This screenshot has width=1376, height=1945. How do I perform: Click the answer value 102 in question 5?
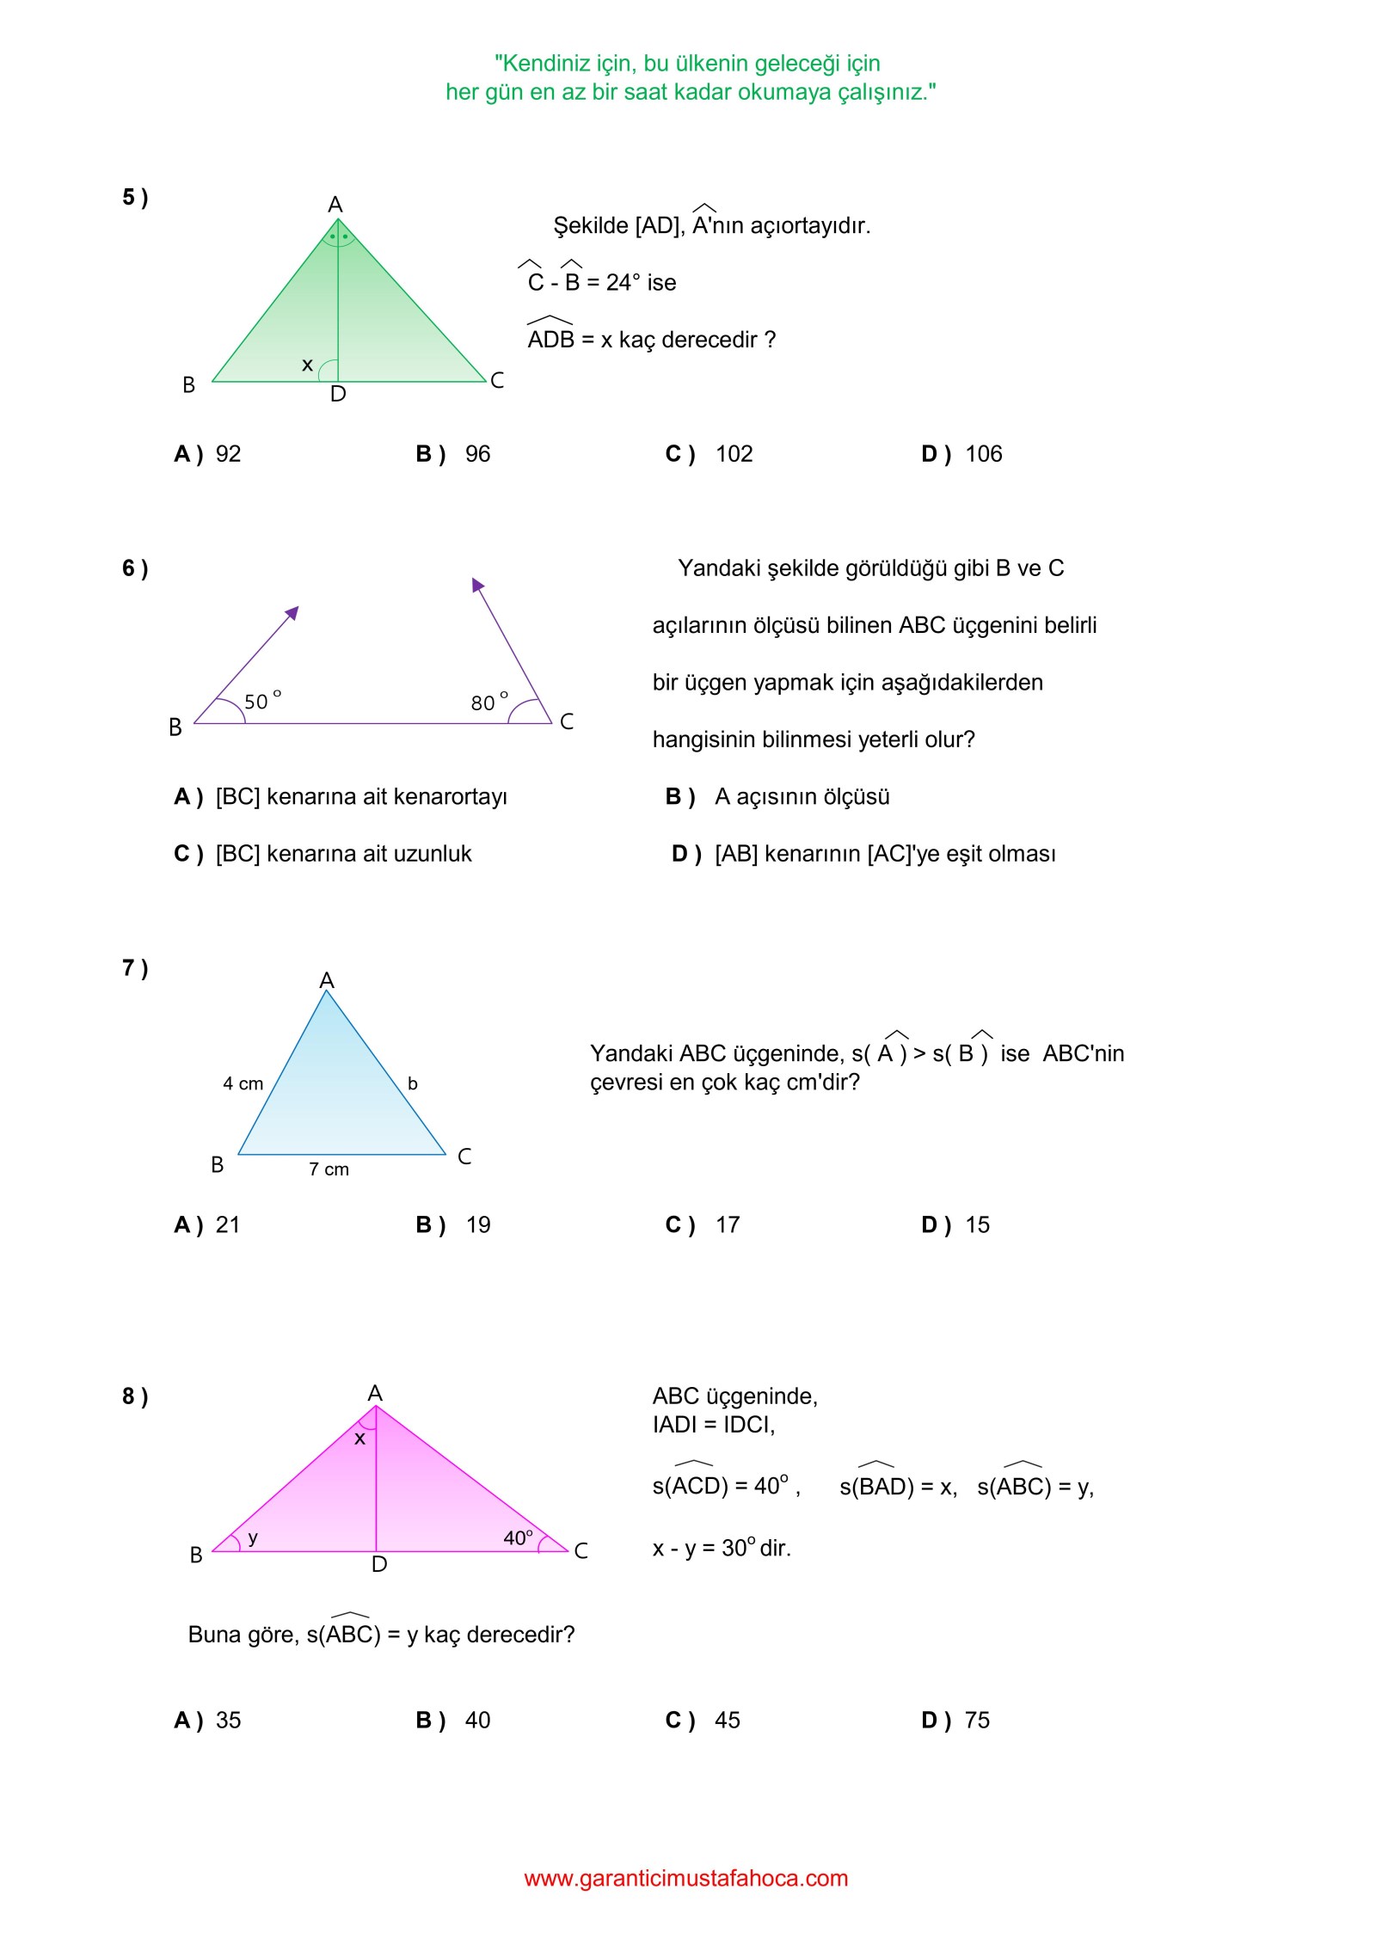coord(734,454)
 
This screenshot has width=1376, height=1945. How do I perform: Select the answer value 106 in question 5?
coord(983,454)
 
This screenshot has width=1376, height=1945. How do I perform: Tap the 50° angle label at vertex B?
coord(261,701)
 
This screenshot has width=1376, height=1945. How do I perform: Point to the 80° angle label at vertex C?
coord(488,702)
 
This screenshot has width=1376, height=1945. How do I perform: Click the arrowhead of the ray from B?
coord(292,612)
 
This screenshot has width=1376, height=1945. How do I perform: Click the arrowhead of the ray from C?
coord(477,585)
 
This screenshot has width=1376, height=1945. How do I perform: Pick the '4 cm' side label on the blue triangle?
coord(243,1083)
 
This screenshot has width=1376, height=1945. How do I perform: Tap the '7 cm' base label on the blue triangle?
coord(329,1169)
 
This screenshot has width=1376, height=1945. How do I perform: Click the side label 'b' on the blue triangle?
coord(413,1083)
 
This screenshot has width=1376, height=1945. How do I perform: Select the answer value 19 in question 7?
coord(478,1225)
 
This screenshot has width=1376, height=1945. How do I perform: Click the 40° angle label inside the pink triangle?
coord(518,1537)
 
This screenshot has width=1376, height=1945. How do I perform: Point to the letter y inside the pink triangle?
coord(253,1537)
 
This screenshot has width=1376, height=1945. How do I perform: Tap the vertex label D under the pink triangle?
coord(379,1565)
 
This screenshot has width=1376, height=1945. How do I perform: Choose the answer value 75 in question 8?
coord(977,1721)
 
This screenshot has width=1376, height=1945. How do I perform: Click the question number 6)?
coord(135,568)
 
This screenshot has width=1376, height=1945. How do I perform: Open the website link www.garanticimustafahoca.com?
coord(685,1879)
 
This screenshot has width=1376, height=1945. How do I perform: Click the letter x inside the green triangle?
coord(307,365)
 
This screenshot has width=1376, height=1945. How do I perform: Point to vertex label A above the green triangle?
coord(335,205)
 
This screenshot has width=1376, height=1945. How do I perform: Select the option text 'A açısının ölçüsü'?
coord(802,797)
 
